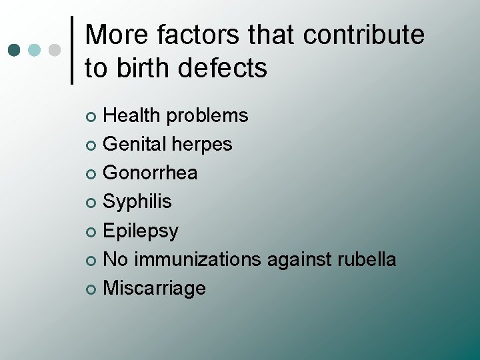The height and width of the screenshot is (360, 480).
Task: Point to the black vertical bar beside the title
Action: pos(72,50)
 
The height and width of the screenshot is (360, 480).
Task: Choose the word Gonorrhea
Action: pos(151,173)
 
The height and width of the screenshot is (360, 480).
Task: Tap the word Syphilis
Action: pos(137,201)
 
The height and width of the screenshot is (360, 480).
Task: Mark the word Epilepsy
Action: pos(141,231)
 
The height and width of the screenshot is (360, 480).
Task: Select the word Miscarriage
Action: pos(155,288)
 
